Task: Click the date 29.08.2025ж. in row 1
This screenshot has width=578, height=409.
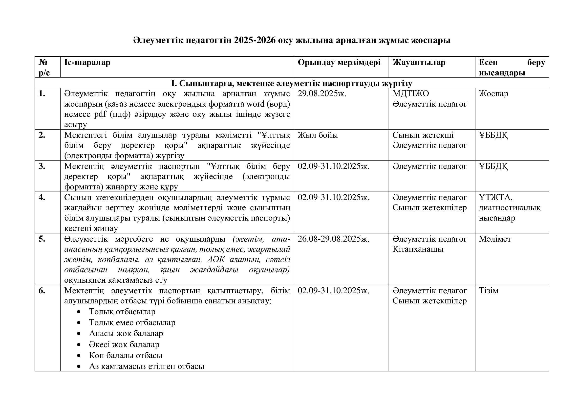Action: point(322,94)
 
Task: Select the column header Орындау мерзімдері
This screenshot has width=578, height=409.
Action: point(339,63)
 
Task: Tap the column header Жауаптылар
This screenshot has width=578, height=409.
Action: point(419,63)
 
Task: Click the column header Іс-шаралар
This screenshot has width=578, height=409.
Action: point(87,63)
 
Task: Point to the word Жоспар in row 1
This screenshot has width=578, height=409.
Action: point(493,94)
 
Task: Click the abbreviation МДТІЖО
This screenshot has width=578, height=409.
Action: point(411,94)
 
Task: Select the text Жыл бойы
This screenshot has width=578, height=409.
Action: point(318,135)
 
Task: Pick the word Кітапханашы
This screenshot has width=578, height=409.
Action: point(418,249)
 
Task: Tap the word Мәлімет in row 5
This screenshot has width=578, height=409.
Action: point(495,239)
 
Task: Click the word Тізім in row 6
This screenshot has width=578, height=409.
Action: point(488,291)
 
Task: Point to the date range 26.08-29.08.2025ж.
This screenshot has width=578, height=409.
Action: point(333,239)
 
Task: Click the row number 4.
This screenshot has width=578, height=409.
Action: point(42,197)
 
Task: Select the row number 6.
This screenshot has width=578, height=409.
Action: point(42,291)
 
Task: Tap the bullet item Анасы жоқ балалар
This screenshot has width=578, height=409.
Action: point(126,333)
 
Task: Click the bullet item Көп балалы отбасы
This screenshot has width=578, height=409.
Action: point(126,355)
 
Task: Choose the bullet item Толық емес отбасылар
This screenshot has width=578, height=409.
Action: point(132,323)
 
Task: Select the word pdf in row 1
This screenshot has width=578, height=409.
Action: point(100,114)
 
